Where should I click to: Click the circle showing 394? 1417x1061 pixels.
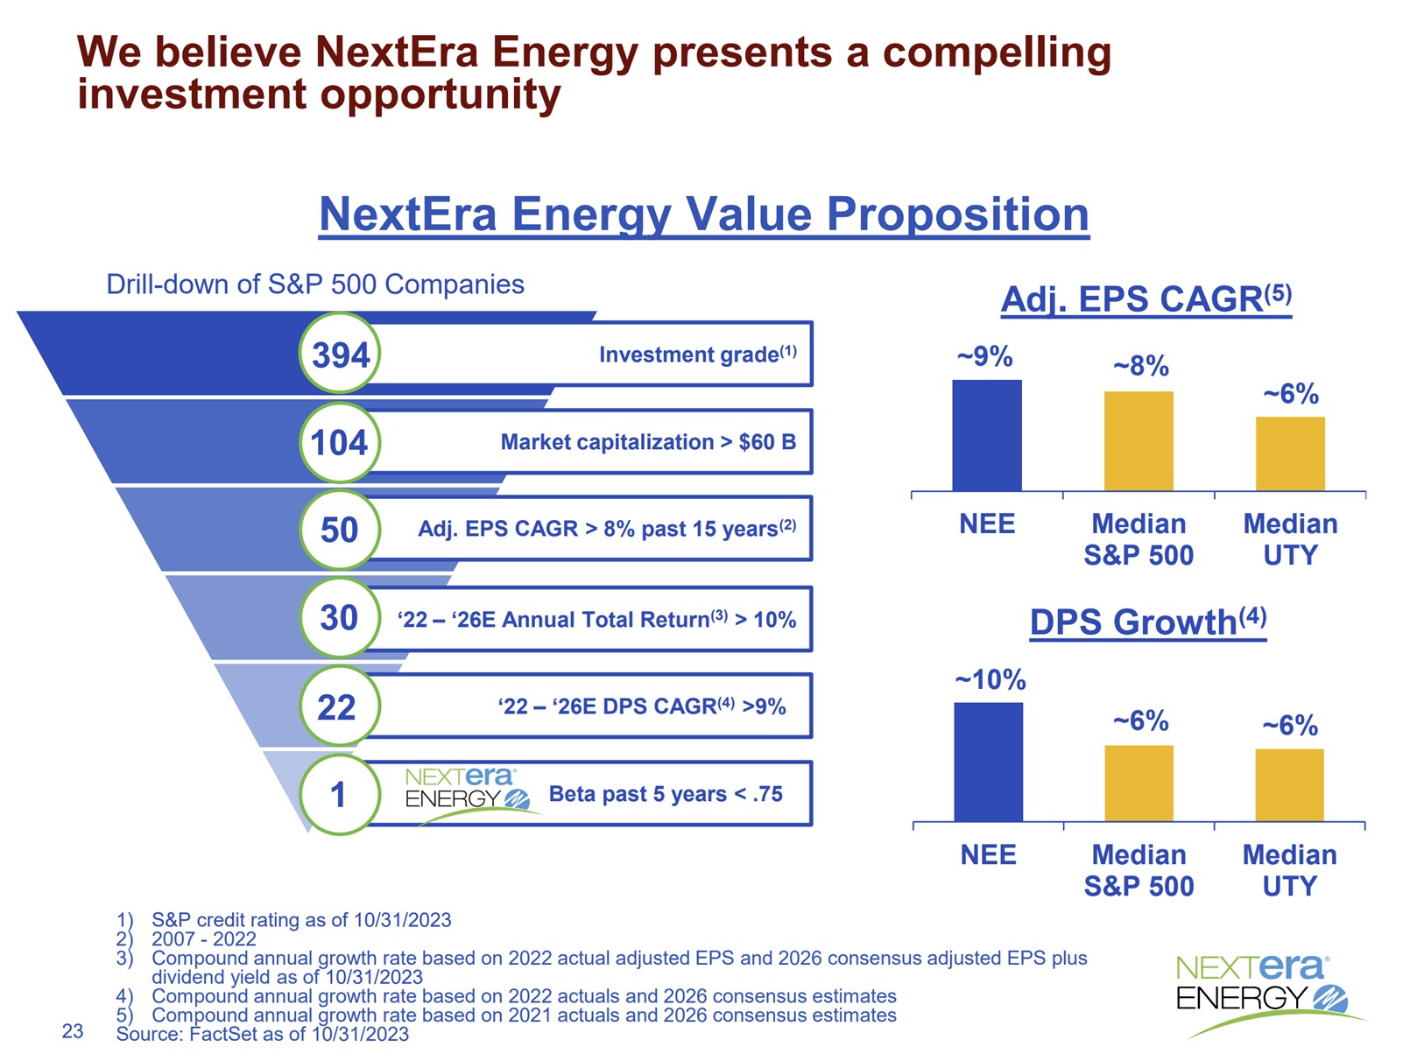tap(340, 355)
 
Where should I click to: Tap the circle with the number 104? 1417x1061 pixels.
tap(340, 442)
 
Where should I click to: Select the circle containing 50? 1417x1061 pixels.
tap(340, 530)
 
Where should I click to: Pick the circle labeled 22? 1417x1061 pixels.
tap(337, 706)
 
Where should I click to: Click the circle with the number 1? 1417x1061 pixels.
tap(338, 795)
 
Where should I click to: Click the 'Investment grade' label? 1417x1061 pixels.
tap(697, 354)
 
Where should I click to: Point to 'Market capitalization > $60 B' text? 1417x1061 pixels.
tap(648, 442)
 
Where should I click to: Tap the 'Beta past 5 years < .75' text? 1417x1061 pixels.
tap(666, 794)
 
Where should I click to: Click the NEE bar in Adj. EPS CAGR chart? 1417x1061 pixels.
tap(986, 435)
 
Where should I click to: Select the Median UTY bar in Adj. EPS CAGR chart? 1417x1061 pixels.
tap(1290, 453)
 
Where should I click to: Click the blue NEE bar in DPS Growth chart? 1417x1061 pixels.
tap(988, 762)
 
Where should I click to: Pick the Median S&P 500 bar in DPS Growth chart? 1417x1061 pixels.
tap(1139, 783)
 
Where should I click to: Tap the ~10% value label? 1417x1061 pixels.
tap(990, 679)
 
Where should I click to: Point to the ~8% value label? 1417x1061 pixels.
tap(1140, 366)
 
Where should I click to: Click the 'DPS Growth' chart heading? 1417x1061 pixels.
tap(1147, 622)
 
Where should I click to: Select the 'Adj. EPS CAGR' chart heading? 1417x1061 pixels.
tap(1146, 299)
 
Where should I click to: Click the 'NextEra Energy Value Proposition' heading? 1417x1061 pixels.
tap(704, 214)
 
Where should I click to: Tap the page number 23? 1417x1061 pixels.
tap(73, 1031)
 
